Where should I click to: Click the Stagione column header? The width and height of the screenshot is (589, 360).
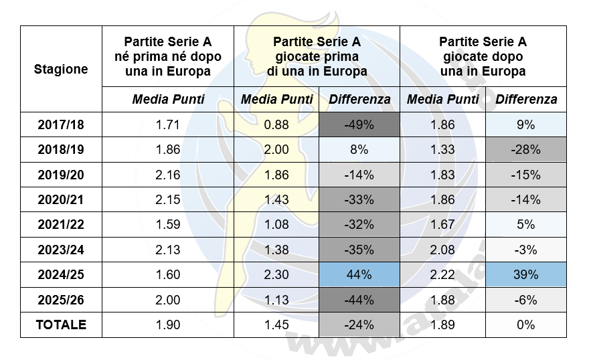(61, 69)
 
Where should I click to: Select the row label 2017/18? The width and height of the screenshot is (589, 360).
(61, 124)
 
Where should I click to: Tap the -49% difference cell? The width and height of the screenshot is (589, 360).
(359, 124)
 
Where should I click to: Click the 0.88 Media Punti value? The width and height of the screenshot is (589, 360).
(276, 124)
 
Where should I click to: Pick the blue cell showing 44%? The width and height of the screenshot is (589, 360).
(359, 275)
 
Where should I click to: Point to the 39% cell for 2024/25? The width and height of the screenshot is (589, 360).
(526, 275)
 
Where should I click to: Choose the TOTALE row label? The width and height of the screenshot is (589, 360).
(61, 325)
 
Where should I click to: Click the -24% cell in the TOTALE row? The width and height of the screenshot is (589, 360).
(359, 325)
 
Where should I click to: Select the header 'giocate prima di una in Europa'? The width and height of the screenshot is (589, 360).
(317, 57)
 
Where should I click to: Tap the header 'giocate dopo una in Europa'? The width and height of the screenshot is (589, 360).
(483, 57)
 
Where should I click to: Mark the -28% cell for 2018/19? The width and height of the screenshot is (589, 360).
(526, 150)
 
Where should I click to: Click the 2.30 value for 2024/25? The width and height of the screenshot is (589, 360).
(276, 275)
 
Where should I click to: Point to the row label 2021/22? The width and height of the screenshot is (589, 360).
(61, 225)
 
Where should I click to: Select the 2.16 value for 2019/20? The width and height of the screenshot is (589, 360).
(168, 175)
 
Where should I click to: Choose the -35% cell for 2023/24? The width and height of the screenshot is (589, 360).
(359, 250)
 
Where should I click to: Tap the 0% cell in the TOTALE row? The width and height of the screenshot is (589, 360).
(526, 325)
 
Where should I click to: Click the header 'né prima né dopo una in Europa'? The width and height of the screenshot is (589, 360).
(168, 57)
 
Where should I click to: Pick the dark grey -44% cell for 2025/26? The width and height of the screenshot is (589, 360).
(359, 300)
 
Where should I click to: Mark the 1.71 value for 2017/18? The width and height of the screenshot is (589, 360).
(168, 124)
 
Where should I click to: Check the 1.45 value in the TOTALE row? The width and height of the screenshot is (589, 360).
(276, 325)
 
